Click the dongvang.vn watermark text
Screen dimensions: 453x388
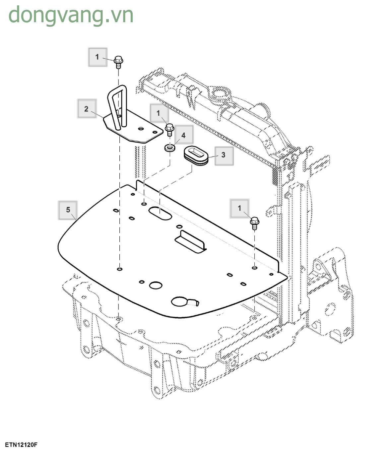tap(71, 15)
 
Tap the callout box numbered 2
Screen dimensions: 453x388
tap(86, 108)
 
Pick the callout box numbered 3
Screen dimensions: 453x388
tap(224, 155)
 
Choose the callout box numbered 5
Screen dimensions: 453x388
tap(68, 210)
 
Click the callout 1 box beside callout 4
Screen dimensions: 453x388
tap(159, 113)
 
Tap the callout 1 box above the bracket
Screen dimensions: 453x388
tap(97, 57)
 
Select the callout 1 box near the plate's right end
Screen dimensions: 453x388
tap(239, 208)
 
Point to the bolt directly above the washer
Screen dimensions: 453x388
tap(169, 129)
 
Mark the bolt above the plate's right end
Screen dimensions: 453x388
tap(254, 223)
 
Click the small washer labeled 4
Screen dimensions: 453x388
tap(170, 147)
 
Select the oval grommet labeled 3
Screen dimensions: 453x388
tap(196, 155)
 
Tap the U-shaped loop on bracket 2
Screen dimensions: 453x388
tap(117, 106)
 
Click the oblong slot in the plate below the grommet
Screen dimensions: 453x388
tap(160, 213)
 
